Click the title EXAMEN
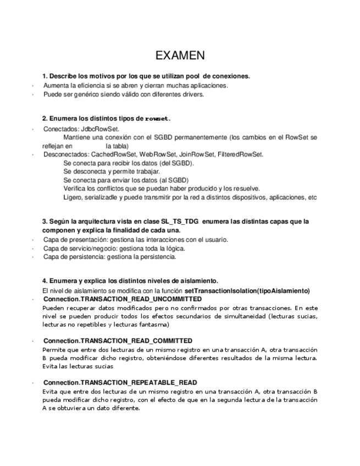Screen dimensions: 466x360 [180, 56]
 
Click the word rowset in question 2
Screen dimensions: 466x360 [157, 119]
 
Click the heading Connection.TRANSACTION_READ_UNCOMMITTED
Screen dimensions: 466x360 [122, 299]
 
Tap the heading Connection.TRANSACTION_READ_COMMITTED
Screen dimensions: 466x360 [118, 341]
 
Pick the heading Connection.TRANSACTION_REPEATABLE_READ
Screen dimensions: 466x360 [120, 382]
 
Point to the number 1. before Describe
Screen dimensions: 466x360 [45, 76]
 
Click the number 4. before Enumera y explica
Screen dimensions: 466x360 [45, 280]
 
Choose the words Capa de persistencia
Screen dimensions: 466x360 [74, 257]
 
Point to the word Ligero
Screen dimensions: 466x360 [73, 197]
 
